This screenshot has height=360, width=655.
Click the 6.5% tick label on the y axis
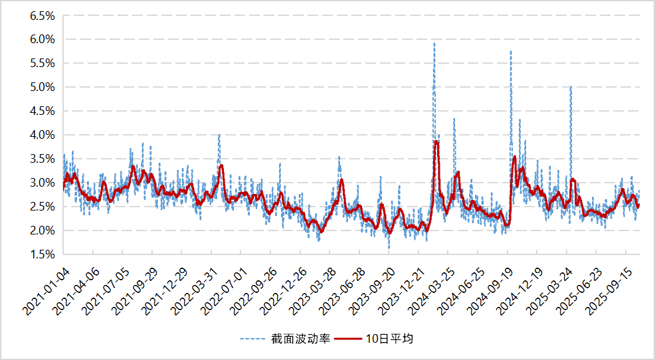pyautogui.click(x=41, y=16)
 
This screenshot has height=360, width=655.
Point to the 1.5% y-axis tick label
pyautogui.click(x=41, y=254)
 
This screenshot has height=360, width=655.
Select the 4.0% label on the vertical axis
pyautogui.click(x=41, y=135)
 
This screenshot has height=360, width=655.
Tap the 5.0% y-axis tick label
pyautogui.click(x=41, y=87)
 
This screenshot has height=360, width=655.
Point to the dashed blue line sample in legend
pyautogui.click(x=254, y=339)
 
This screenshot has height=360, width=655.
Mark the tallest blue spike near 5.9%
pyautogui.click(x=434, y=43)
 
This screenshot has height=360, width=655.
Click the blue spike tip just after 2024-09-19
pyautogui.click(x=511, y=51)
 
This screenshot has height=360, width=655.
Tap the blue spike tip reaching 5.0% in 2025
pyautogui.click(x=571, y=86)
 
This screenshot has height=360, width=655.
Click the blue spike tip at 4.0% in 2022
pyautogui.click(x=219, y=135)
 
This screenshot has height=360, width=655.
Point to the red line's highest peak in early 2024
pyautogui.click(x=436, y=141)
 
